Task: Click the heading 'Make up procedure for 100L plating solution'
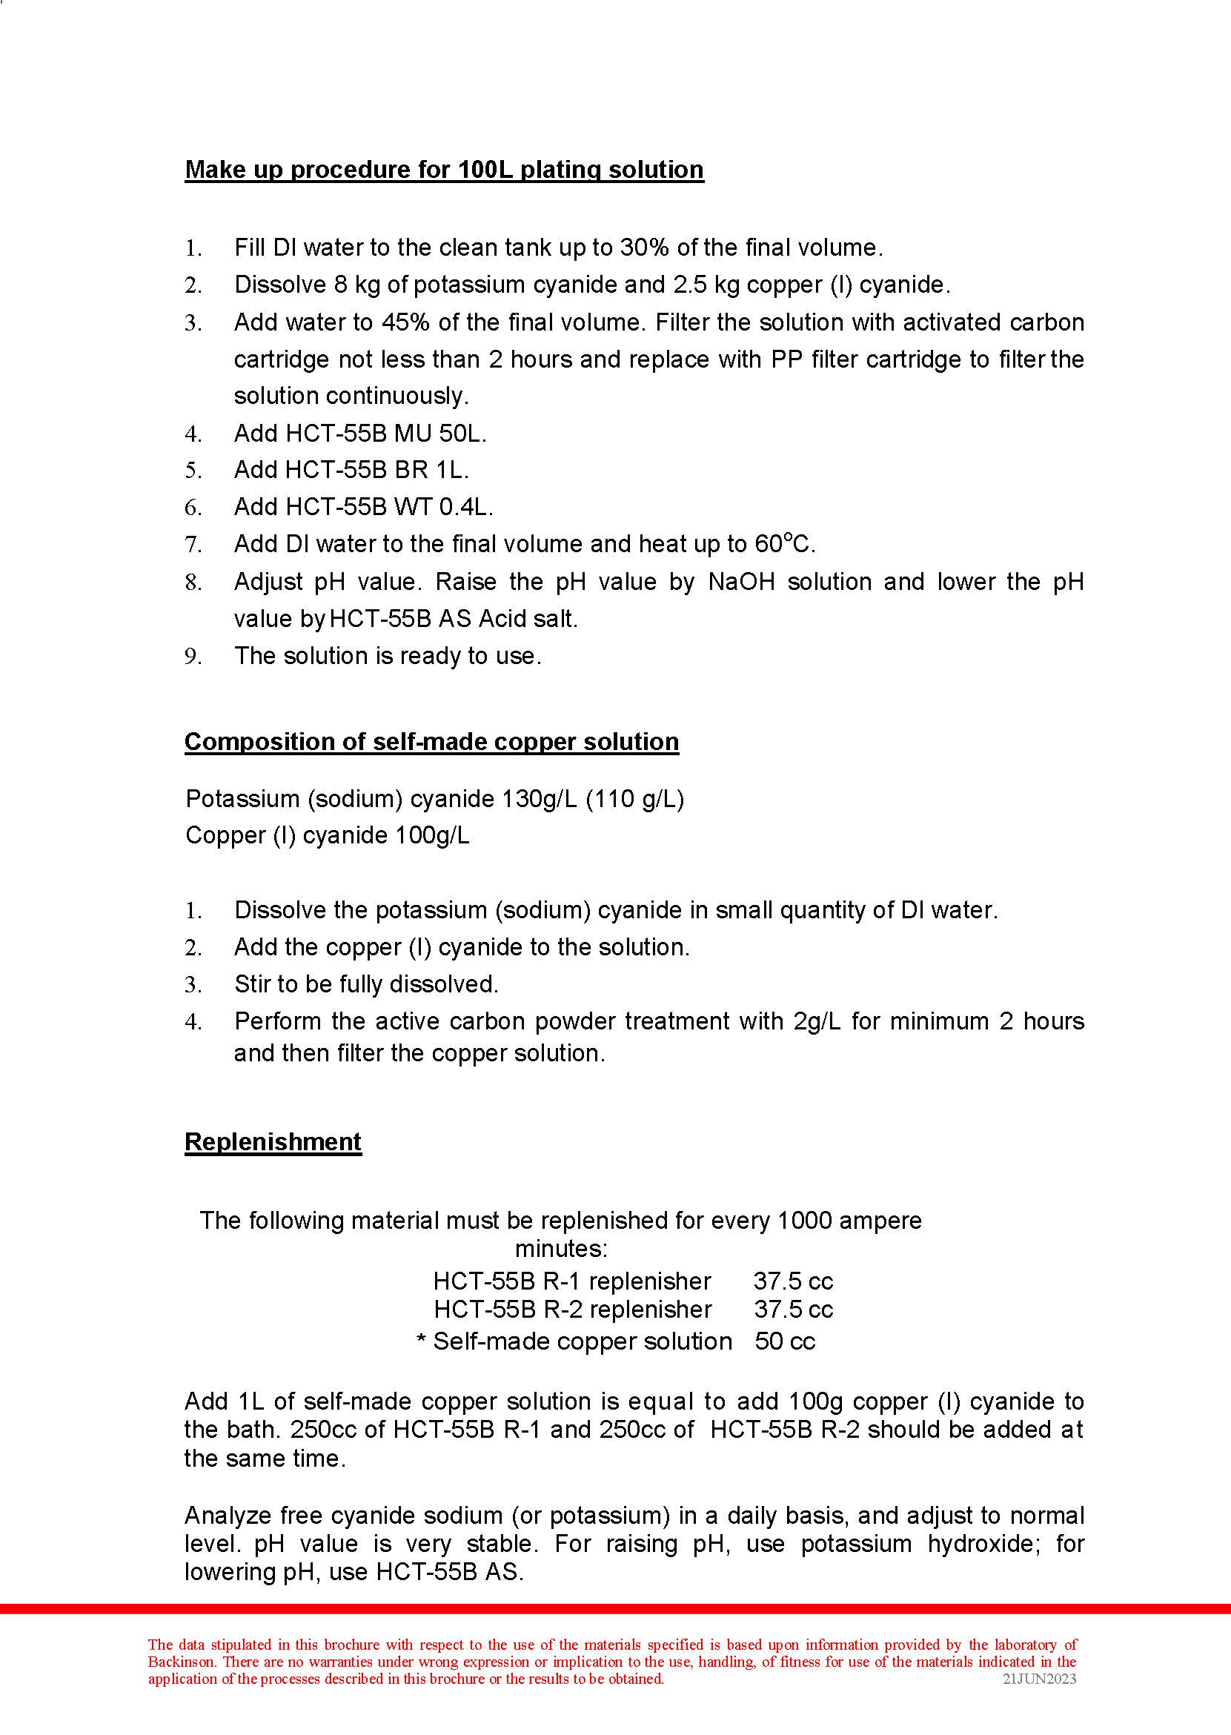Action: (444, 169)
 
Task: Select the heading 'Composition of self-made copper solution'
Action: (431, 741)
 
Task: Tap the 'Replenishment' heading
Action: (273, 1141)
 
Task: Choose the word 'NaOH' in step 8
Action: (740, 582)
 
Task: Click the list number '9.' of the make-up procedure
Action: (193, 657)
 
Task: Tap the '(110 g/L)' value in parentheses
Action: (635, 799)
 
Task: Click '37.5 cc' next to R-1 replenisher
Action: (793, 1281)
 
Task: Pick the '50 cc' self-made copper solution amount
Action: (785, 1341)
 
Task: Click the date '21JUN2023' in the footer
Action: (1039, 1678)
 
